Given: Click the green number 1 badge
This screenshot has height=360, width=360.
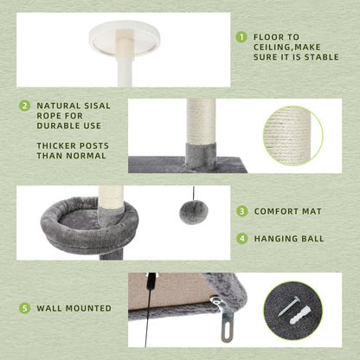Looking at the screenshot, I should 241,38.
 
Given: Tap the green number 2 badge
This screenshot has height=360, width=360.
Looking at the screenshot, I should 24,106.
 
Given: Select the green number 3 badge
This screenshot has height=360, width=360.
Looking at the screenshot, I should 241,211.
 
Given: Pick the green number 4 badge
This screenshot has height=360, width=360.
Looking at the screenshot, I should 241,238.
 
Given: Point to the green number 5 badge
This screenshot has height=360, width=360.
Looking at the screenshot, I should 24,307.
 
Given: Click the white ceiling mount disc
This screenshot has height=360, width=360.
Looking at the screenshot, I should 128,35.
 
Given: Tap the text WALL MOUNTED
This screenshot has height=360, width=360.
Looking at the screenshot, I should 74,307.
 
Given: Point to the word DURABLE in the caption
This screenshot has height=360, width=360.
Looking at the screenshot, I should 61,126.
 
